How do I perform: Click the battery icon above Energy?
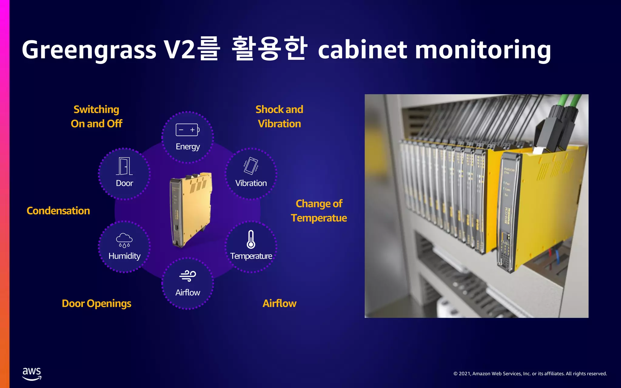coord(187,130)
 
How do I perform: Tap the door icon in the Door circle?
coord(124,166)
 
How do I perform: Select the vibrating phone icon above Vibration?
coord(251,166)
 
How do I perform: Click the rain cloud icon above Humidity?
coord(124,240)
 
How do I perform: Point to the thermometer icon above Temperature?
coord(251,239)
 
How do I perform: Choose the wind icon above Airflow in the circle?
coord(188,276)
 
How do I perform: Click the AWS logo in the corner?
coord(32,373)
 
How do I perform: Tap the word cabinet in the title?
coord(363,50)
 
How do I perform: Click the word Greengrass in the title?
coord(89,50)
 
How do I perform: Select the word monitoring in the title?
coord(483,50)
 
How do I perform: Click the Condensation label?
coord(58,211)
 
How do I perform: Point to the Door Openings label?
coord(96,303)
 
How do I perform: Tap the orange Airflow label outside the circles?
coord(279,303)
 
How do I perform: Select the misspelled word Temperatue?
coord(319,218)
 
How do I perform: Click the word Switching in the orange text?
coord(96,109)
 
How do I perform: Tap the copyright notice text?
coord(530,373)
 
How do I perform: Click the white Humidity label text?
coord(124,256)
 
